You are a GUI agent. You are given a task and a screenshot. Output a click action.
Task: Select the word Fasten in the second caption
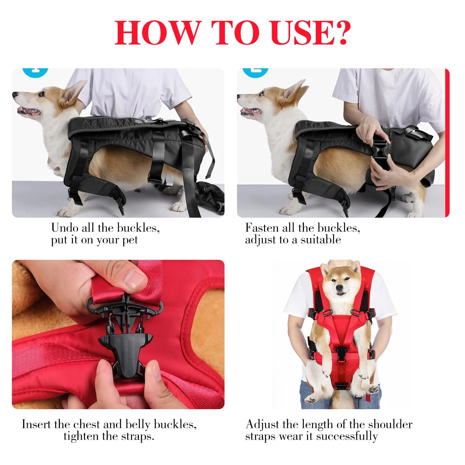tap(262, 228)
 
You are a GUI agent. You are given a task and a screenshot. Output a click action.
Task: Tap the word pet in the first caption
tap(130, 240)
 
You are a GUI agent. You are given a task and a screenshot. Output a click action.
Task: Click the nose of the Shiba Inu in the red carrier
tap(339, 287)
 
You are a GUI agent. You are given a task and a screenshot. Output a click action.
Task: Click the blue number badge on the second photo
tap(255, 71)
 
